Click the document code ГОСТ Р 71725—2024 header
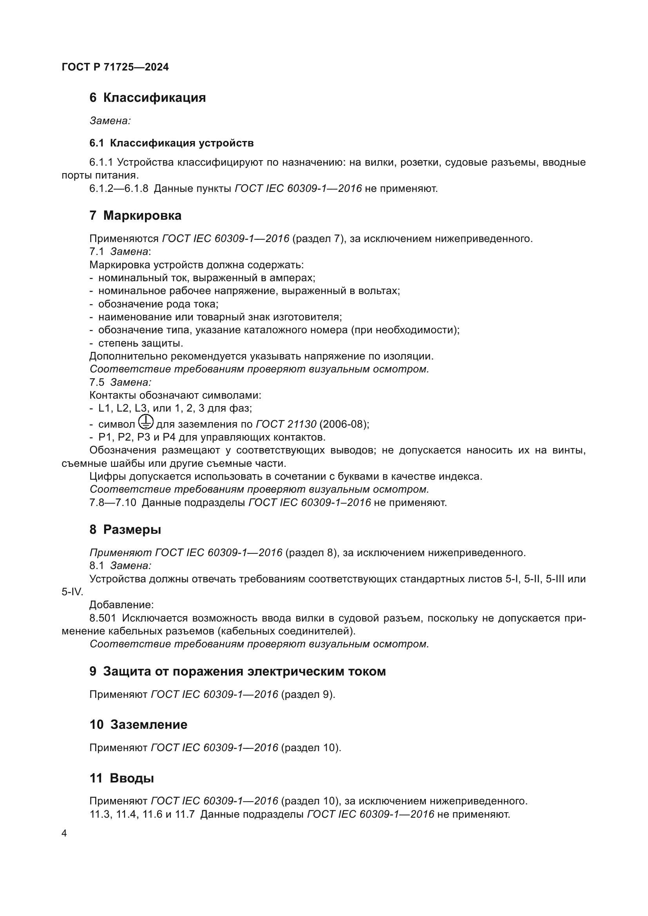click(x=115, y=67)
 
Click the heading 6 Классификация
click(x=147, y=98)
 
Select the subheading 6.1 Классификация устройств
click(x=171, y=143)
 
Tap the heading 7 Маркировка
click(x=135, y=215)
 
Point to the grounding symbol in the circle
click(x=146, y=422)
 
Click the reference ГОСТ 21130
click(x=286, y=424)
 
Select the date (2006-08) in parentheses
click(x=344, y=424)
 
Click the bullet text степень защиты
click(x=141, y=343)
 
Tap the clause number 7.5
click(x=96, y=382)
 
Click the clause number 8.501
click(x=103, y=618)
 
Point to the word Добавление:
click(x=121, y=605)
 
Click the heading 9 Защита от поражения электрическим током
click(x=237, y=671)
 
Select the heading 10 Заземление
click(x=138, y=724)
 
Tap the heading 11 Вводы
click(x=121, y=778)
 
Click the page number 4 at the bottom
click(x=64, y=833)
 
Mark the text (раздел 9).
click(x=308, y=695)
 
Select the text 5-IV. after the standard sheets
click(x=72, y=592)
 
